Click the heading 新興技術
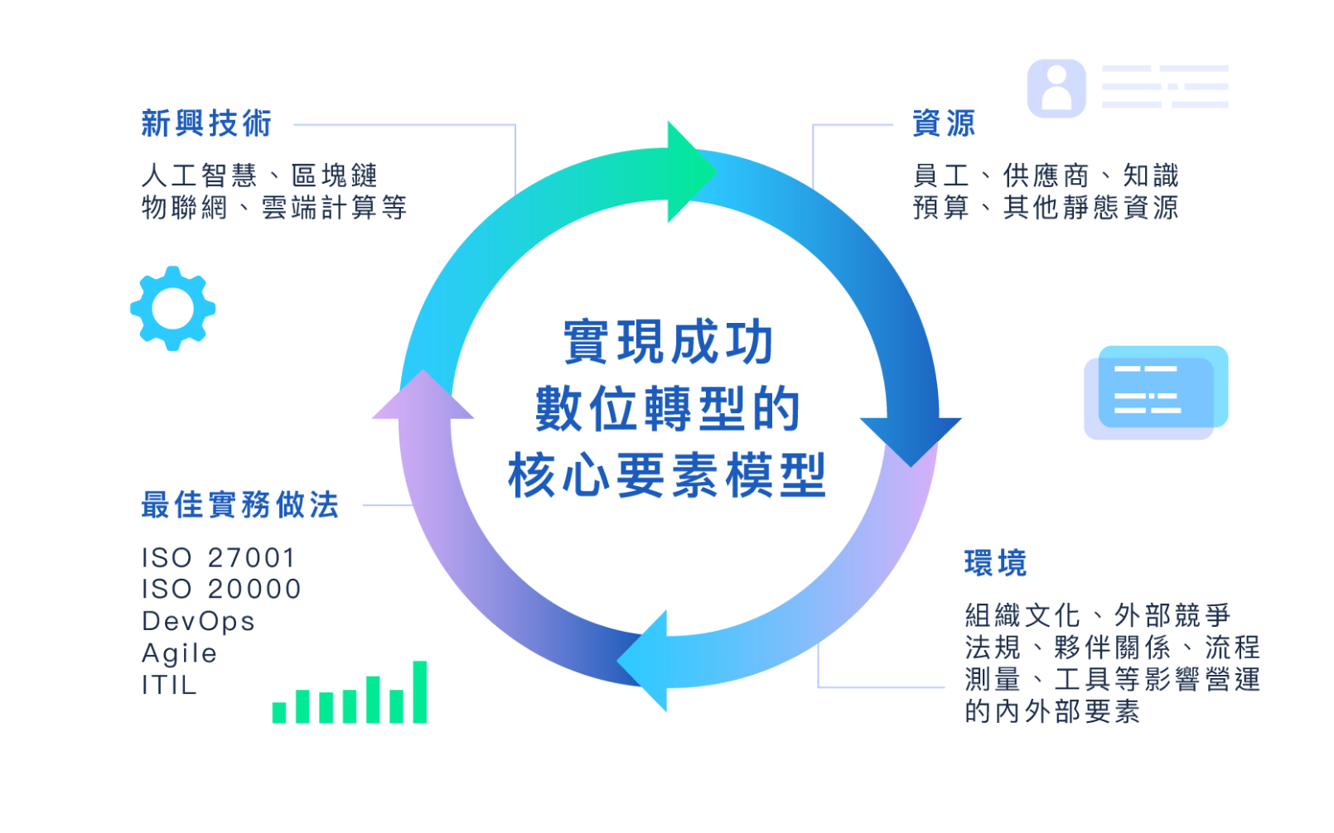205,123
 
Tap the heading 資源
944,123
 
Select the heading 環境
995,564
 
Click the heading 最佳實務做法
240,504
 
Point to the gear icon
172,308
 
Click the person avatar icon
1056,88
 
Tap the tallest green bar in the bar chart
420,692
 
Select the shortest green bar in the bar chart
279,712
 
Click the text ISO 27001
218,557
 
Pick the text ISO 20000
221,589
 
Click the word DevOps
198,621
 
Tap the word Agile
179,653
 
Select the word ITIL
169,686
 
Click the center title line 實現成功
668,342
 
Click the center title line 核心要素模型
668,476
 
